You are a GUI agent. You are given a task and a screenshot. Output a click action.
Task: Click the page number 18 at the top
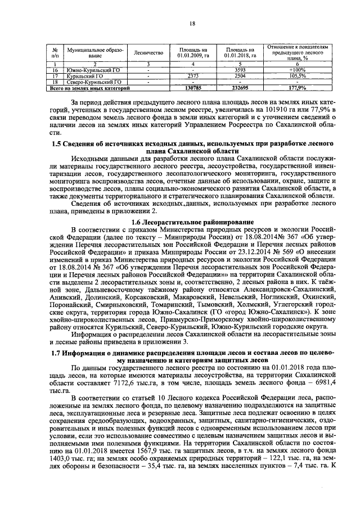click(192, 23)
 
